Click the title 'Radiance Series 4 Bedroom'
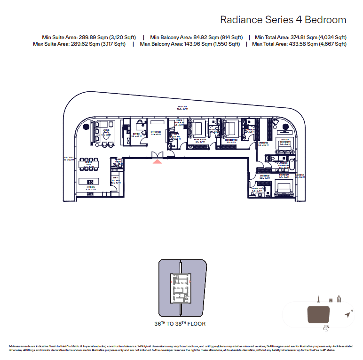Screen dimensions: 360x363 (x=283, y=20)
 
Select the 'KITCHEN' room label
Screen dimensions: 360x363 (x=91, y=187)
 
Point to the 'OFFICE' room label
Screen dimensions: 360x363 (x=136, y=134)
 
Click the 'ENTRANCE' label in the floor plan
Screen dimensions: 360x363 (x=156, y=133)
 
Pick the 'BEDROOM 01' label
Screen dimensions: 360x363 (x=200, y=140)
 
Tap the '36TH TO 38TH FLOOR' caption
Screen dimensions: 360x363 (x=180, y=324)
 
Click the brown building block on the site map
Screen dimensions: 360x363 (x=318, y=314)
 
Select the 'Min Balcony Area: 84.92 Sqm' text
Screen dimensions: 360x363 (x=196, y=37)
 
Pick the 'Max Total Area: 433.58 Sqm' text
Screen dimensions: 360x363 (x=299, y=44)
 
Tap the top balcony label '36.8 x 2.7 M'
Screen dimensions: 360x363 (x=182, y=110)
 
